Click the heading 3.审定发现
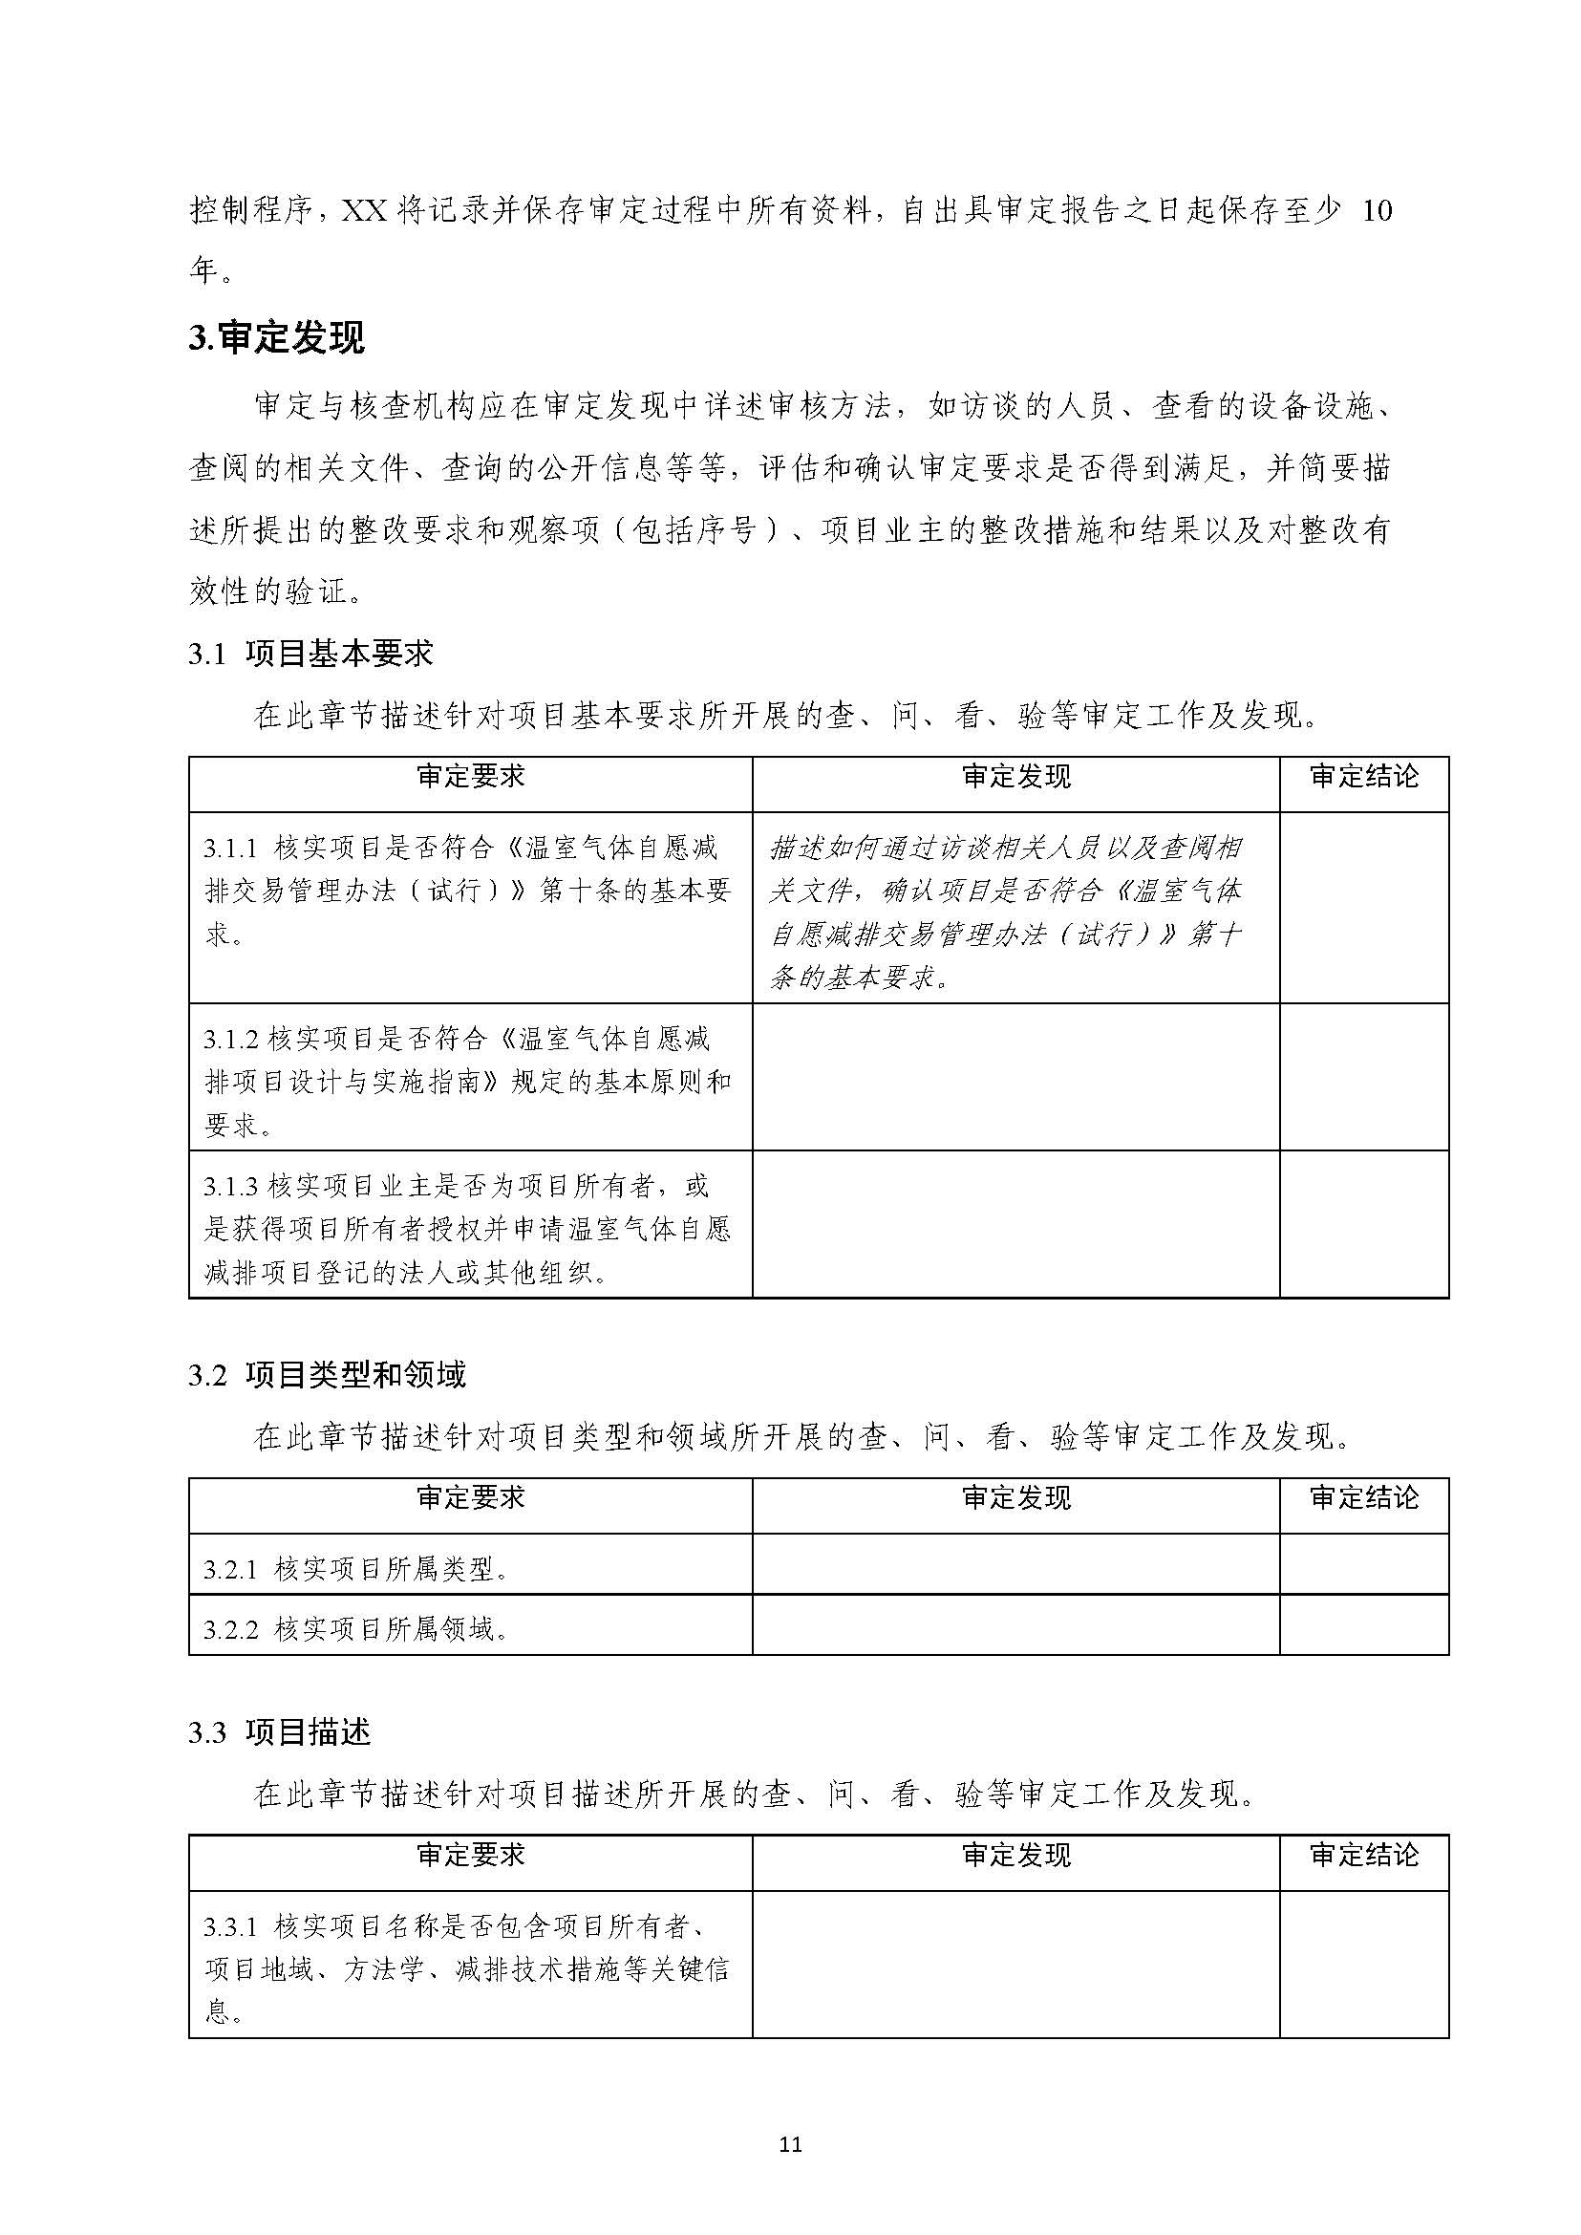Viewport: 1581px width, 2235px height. tap(276, 337)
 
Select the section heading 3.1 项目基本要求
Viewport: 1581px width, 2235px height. tap(310, 654)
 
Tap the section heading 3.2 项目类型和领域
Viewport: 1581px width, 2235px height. tap(327, 1374)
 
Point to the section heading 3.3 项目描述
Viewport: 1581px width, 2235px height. tap(279, 1731)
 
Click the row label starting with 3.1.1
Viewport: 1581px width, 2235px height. tap(467, 891)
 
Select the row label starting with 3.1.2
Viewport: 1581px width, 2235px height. tap(467, 1081)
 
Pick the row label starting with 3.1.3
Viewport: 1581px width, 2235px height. tap(467, 1228)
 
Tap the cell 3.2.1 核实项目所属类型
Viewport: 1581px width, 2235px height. tap(356, 1569)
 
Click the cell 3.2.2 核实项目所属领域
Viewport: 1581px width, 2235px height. tap(356, 1628)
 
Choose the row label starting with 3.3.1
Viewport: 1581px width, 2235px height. tap(467, 1968)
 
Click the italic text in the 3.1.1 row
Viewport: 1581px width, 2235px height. tap(1007, 912)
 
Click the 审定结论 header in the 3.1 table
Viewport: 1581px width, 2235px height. tap(1364, 777)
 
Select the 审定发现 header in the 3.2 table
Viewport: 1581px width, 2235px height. tap(1016, 1497)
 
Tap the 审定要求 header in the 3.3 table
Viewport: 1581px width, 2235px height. tap(471, 1856)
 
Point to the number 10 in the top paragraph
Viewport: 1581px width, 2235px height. tap(1377, 211)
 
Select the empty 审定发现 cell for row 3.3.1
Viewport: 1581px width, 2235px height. tap(1016, 1968)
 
